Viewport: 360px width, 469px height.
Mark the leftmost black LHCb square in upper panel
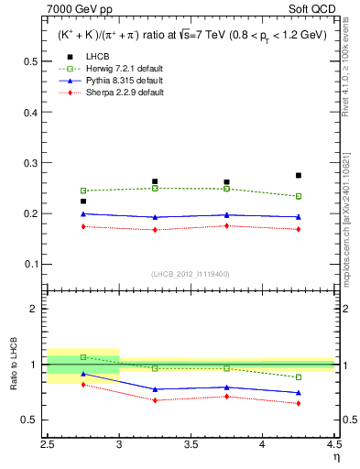click(83, 202)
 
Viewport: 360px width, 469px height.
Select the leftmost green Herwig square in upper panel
click(83, 191)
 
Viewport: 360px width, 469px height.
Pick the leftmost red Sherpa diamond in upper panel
click(83, 226)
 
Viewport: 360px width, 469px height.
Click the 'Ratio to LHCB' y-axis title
click(12, 365)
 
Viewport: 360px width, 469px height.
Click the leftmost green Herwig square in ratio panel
click(83, 357)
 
